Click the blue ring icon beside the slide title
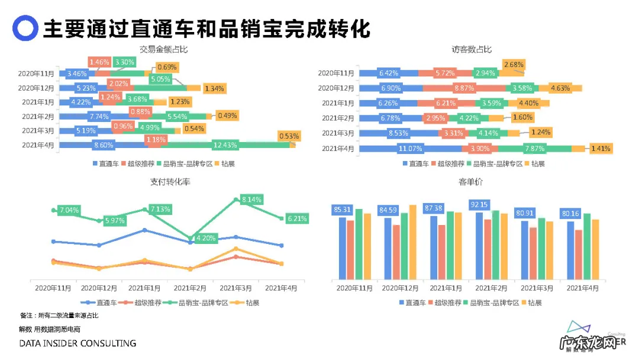point(25,28)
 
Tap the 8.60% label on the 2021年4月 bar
point(104,144)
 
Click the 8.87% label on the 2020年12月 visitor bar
point(463,88)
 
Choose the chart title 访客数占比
point(472,49)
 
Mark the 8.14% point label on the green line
point(252,200)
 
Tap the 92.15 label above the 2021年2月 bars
point(479,205)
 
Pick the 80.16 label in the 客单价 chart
point(570,213)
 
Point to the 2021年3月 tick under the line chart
point(236,288)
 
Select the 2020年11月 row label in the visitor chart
point(335,73)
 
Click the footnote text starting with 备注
point(59,316)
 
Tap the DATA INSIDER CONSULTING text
point(78,343)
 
